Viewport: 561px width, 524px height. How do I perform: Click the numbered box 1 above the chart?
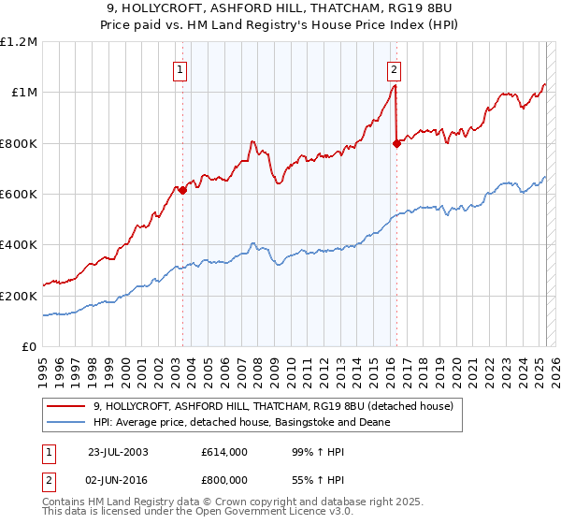(179, 68)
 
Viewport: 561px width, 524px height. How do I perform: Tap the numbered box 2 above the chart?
(395, 68)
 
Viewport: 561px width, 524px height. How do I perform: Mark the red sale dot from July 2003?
(183, 190)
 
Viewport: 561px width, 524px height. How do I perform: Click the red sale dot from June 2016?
(396, 143)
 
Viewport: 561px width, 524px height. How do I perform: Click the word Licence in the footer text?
(265, 514)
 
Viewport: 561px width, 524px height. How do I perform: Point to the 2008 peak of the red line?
(252, 141)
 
